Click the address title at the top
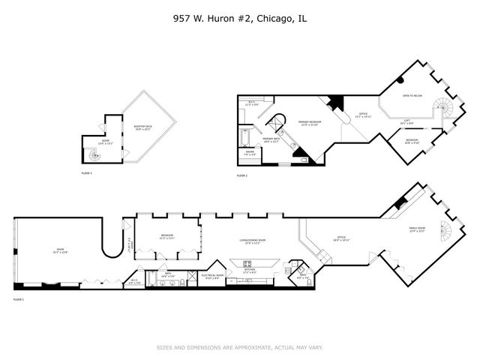pos(239,18)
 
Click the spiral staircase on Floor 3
pos(94,155)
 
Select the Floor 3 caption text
pos(86,173)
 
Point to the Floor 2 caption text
pos(242,175)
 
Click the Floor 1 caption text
pos(19,299)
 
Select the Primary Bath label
pos(271,139)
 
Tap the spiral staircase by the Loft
pos(445,109)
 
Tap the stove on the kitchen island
pos(247,263)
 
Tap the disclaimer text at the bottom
pos(239,347)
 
